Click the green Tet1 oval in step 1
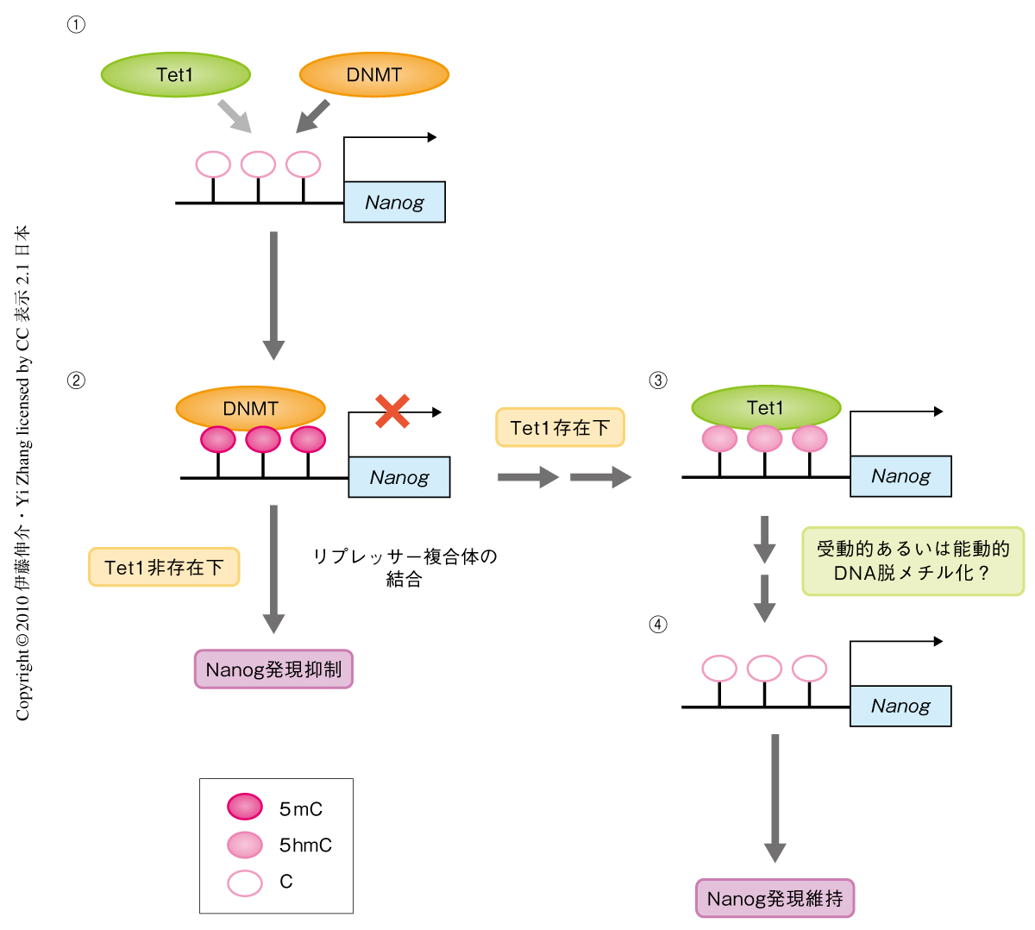176,75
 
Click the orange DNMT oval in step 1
373,75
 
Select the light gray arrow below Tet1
234,116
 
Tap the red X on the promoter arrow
392,412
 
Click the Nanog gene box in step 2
399,477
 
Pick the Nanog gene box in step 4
900,706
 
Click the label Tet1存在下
560,427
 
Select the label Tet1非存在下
164,567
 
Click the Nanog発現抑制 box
273,669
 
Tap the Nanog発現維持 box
775,898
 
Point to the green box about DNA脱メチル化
913,561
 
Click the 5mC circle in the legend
245,807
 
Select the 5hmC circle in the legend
245,845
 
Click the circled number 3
658,380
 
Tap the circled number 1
76,25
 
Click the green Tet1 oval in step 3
766,408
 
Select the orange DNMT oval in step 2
250,409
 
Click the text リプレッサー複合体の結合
405,568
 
